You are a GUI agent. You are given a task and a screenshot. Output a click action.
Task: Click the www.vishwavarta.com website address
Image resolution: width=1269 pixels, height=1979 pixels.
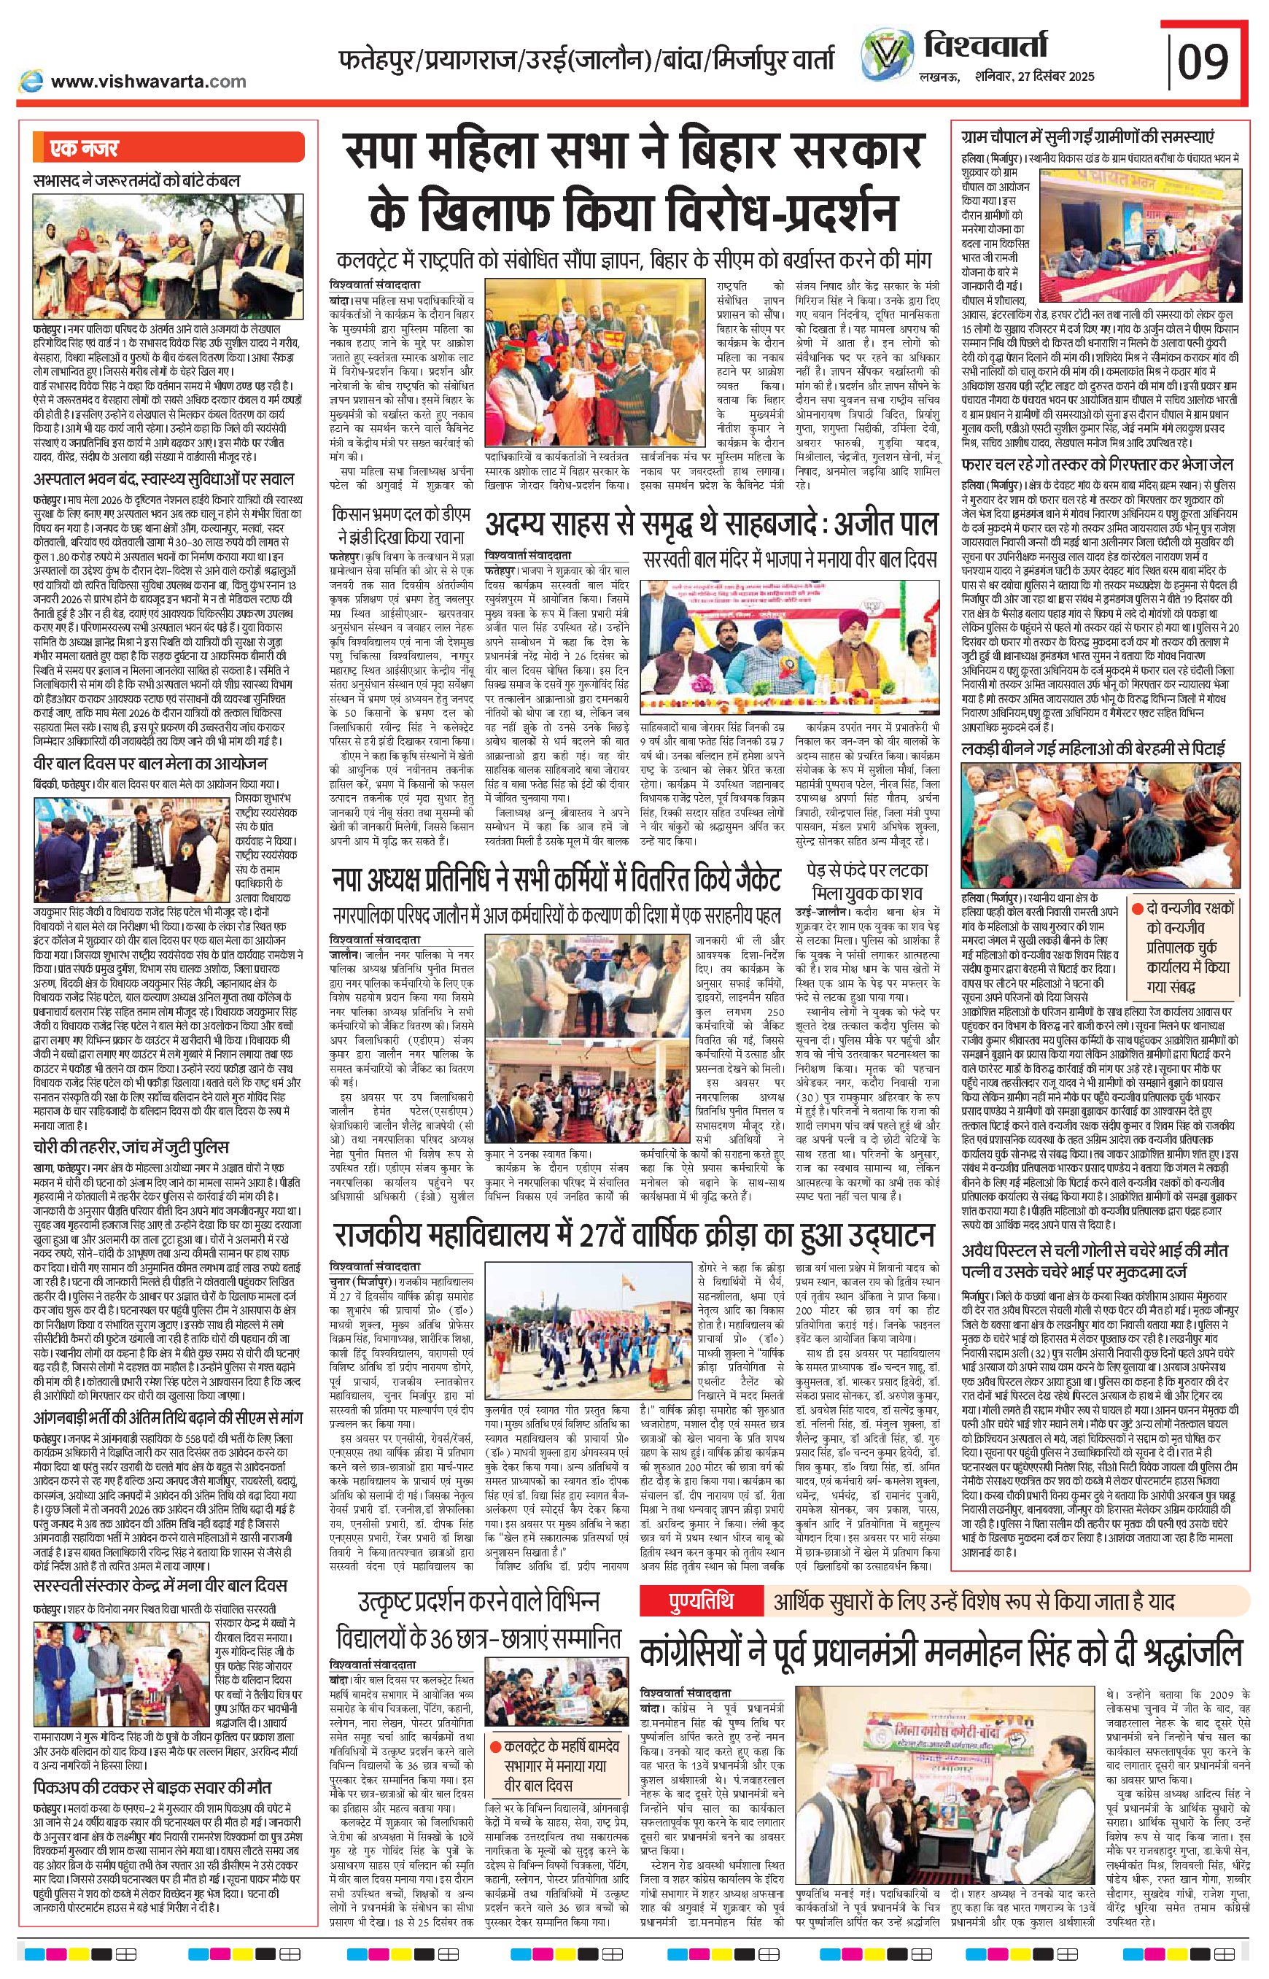click(148, 81)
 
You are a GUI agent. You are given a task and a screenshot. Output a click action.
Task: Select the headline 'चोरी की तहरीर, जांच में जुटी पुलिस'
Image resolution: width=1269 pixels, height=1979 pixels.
click(132, 1147)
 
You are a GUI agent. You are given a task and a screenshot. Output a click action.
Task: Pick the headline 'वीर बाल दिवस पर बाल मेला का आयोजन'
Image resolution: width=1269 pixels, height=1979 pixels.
click(150, 763)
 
